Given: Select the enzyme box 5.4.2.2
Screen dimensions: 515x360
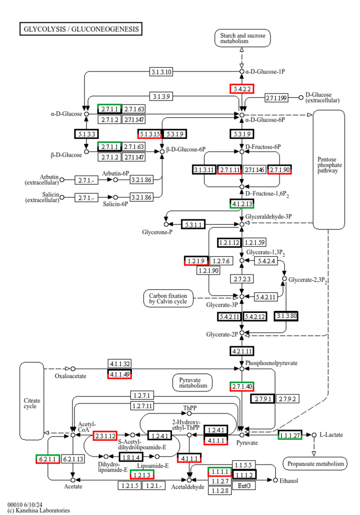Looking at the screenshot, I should [242, 89].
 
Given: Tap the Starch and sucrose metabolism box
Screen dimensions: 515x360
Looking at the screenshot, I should [242, 38].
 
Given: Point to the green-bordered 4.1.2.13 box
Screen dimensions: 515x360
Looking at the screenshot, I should [242, 204].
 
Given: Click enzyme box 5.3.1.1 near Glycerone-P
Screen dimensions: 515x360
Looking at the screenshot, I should [193, 225].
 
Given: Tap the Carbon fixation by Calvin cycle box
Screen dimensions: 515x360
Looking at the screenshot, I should [168, 299].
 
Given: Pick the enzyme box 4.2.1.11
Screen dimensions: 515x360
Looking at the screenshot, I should [242, 351].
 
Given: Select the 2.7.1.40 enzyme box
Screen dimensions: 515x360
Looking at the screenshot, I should [242, 387].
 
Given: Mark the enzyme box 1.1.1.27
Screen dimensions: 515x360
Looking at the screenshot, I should [290, 435].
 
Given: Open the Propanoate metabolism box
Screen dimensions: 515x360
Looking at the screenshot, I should [315, 463].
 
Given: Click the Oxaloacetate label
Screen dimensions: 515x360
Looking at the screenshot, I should [70, 376].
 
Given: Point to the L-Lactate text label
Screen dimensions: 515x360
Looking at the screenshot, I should [331, 436].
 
